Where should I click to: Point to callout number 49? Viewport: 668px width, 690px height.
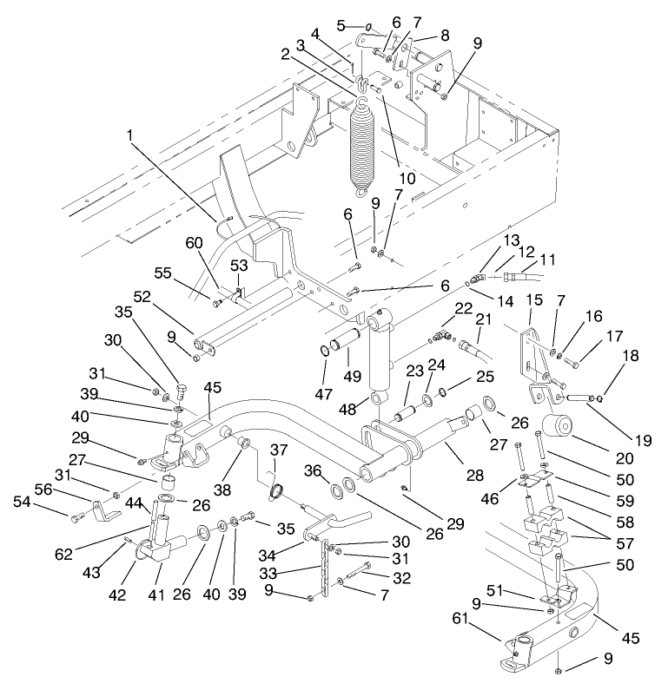click(x=352, y=378)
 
